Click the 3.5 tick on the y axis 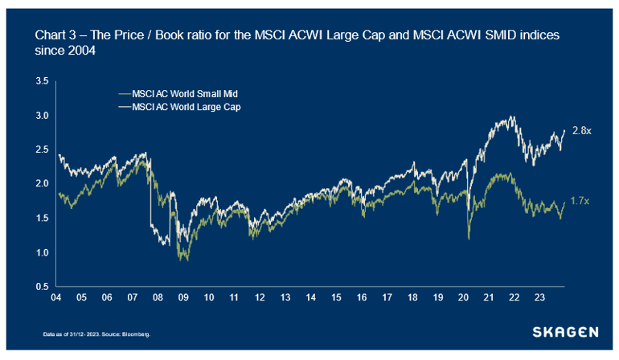[43, 81]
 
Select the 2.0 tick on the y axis [43, 184]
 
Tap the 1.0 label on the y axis [43, 252]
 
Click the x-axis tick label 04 [57, 297]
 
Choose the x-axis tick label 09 [183, 297]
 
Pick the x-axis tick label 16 [362, 297]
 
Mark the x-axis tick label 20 [464, 297]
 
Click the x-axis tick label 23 [540, 297]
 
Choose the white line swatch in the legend [124, 105]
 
